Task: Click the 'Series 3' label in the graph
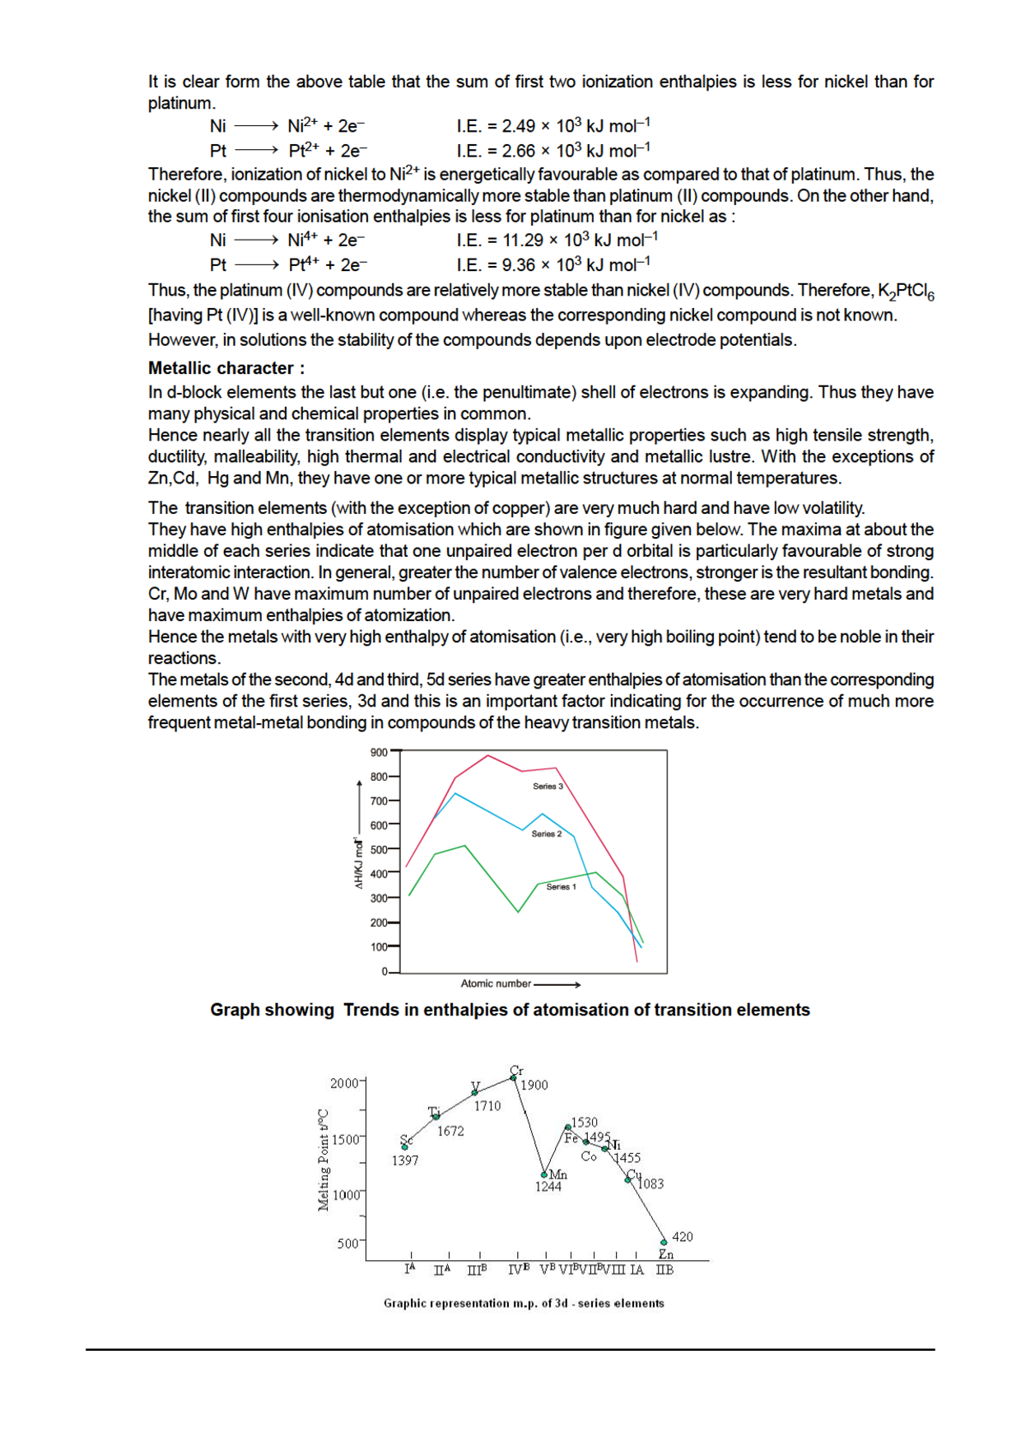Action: (x=548, y=786)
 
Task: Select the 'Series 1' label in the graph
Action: (x=561, y=887)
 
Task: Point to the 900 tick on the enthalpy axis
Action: (x=379, y=752)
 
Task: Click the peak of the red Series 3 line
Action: (x=488, y=755)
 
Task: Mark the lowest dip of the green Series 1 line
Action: (x=518, y=912)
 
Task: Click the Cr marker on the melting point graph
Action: (x=514, y=1076)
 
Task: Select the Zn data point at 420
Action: (x=664, y=1241)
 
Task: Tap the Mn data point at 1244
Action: (x=544, y=1174)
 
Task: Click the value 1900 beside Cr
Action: (x=534, y=1086)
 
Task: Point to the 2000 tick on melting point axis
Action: (x=345, y=1083)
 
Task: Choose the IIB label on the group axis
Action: (x=664, y=1270)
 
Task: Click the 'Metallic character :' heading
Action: (x=226, y=368)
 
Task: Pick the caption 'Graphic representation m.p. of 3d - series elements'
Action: (x=524, y=1303)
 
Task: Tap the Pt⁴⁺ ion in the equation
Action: (x=303, y=265)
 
